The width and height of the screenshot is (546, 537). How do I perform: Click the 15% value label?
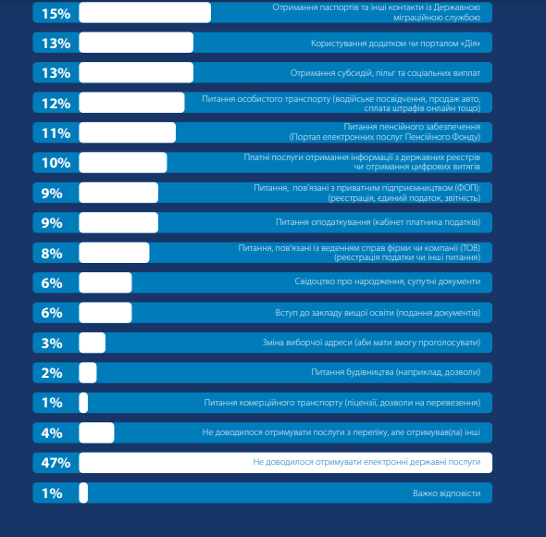pyautogui.click(x=56, y=14)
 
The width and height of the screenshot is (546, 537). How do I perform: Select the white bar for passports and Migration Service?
pyautogui.click(x=145, y=13)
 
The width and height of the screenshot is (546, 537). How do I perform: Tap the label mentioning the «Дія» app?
pyautogui.click(x=395, y=44)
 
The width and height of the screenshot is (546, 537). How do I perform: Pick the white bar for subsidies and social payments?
pyautogui.click(x=136, y=72)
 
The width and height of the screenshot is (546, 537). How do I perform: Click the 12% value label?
pyautogui.click(x=56, y=104)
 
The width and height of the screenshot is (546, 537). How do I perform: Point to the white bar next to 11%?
pyautogui.click(x=128, y=132)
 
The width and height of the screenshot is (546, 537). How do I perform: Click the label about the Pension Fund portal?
pyautogui.click(x=385, y=131)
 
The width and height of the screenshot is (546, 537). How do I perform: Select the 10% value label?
pyautogui.click(x=56, y=163)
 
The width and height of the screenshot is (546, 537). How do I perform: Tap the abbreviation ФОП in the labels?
pyautogui.click(x=466, y=188)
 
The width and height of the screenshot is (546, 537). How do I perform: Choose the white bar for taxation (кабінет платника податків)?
pyautogui.click(x=118, y=222)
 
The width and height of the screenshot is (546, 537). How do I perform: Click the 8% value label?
pyautogui.click(x=52, y=254)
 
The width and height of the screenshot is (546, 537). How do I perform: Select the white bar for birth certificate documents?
pyautogui.click(x=105, y=282)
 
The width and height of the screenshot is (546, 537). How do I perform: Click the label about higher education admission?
pyautogui.click(x=378, y=313)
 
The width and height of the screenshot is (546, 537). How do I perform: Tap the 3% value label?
pyautogui.click(x=52, y=343)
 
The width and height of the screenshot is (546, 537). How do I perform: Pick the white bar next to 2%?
pyautogui.click(x=88, y=372)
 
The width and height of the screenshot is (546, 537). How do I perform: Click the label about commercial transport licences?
pyautogui.click(x=342, y=403)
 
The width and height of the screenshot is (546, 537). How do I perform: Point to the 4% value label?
pyautogui.click(x=52, y=433)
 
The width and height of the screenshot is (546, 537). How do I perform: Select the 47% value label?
pyautogui.click(x=56, y=463)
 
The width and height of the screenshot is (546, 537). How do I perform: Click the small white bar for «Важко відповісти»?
pyautogui.click(x=83, y=493)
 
